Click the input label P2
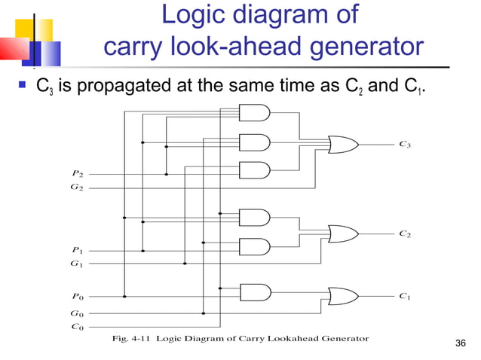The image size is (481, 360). [x=77, y=174]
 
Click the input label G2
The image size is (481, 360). [x=77, y=187]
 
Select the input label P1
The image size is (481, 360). [x=77, y=249]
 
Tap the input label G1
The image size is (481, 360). [x=77, y=263]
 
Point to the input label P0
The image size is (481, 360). [x=77, y=297]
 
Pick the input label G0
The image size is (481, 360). [x=77, y=313]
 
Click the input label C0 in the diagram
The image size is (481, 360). [x=77, y=326]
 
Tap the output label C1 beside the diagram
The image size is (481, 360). [x=405, y=297]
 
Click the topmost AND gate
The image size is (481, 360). [x=253, y=113]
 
